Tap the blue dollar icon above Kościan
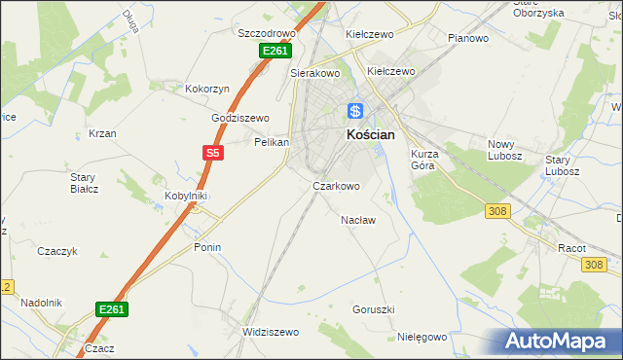pos(356,112)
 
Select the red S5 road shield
pos(214,152)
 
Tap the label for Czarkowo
pos(336,186)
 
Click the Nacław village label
pos(358,220)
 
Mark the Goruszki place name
pos(374,309)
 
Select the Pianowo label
pos(468,38)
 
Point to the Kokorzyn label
pos(207,89)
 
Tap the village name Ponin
pos(207,247)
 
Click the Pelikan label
pos(272,142)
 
